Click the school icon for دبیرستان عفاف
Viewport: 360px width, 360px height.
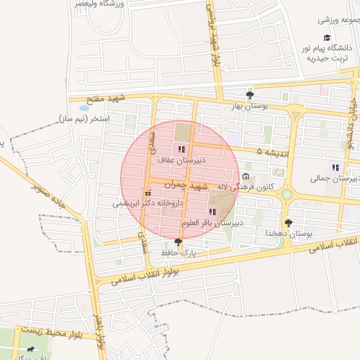(182, 149)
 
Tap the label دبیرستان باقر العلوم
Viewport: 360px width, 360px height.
(211, 222)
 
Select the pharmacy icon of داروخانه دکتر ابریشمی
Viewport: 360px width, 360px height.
(148, 193)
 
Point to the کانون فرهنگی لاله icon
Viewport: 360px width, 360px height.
(245, 176)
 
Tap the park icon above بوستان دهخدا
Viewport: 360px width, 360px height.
(288, 223)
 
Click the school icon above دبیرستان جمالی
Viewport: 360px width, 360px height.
(335, 167)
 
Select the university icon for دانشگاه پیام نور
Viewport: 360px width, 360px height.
(326, 38)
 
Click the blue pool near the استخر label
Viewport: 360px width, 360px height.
(84, 109)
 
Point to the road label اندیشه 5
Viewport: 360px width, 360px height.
(270, 151)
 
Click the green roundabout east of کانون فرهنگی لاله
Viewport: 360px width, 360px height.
(287, 193)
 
